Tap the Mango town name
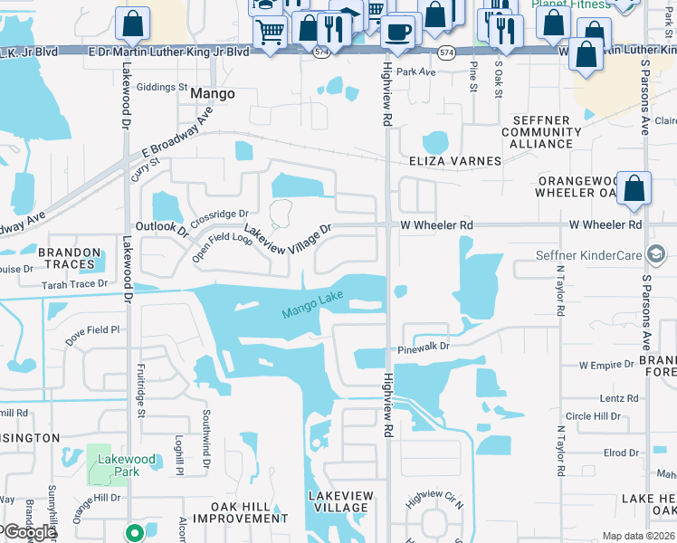coord(214,93)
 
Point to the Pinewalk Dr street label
coord(424,347)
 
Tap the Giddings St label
coord(163,89)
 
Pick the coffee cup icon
coord(396,32)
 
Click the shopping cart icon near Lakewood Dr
coord(270,33)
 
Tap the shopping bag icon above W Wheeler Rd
coord(634,188)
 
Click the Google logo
coord(29,532)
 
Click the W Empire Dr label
coord(606,364)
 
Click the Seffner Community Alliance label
coord(543,131)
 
